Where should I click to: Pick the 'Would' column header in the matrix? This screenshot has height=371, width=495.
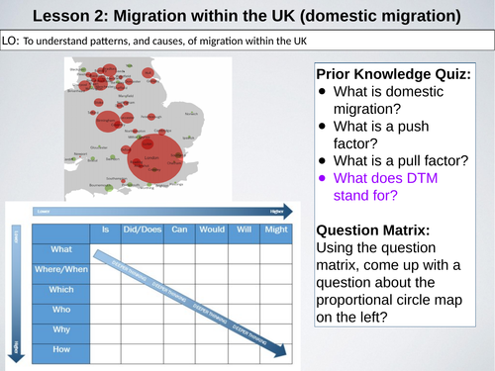click(211, 230)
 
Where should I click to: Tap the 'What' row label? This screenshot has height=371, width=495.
click(61, 249)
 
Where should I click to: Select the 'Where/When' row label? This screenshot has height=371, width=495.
click(61, 269)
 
